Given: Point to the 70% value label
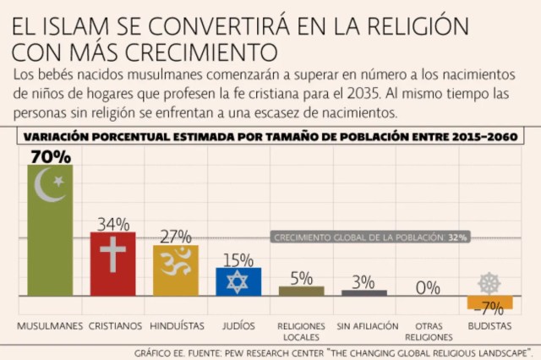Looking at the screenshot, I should [50, 156].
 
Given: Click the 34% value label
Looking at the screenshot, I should [112, 224].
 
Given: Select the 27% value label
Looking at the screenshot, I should [175, 236].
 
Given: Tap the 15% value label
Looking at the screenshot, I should [238, 259].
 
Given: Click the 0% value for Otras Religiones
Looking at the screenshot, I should [426, 287].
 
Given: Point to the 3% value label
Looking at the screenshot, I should [363, 282].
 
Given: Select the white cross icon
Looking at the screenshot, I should [112, 254].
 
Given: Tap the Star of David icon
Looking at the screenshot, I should [238, 281].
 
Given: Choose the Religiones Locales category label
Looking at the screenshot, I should [301, 329].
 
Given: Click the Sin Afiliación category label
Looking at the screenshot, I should [363, 325].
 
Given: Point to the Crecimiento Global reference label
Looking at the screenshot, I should [369, 237].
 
